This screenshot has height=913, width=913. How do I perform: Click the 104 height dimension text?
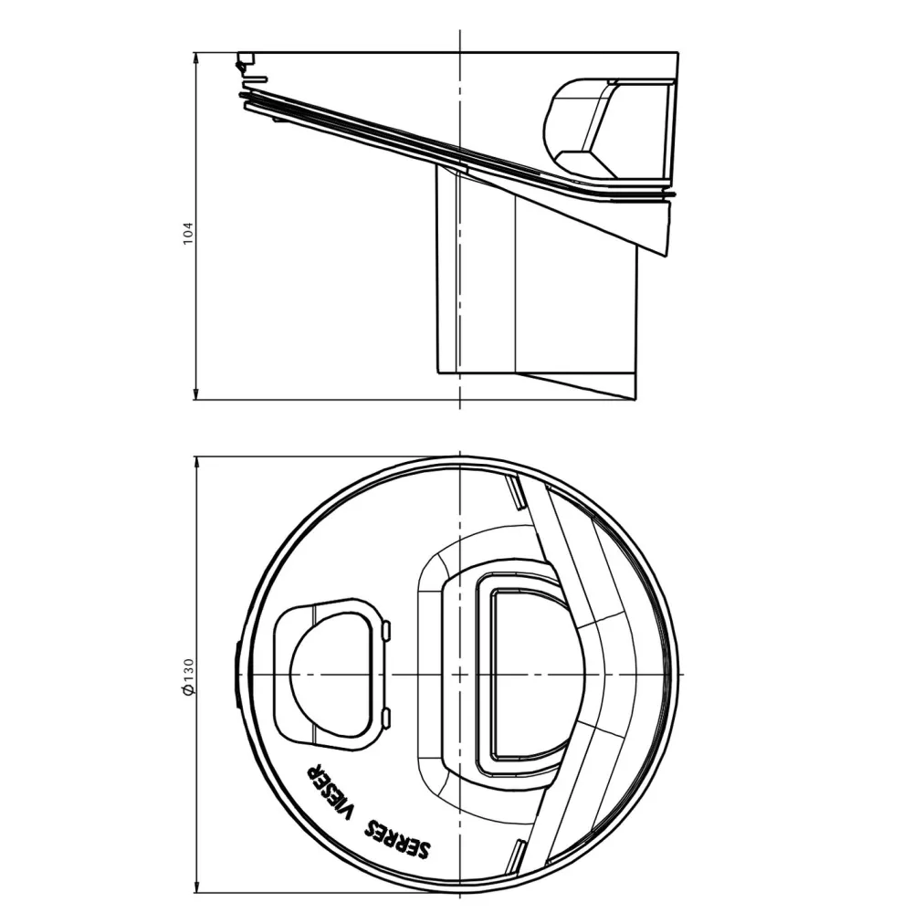(187, 233)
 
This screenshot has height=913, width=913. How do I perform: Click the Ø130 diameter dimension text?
(187, 677)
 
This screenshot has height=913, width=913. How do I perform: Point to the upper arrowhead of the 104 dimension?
(195, 58)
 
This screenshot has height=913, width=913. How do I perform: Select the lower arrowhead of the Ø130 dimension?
(197, 887)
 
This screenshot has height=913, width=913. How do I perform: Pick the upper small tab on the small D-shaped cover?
(386, 631)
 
